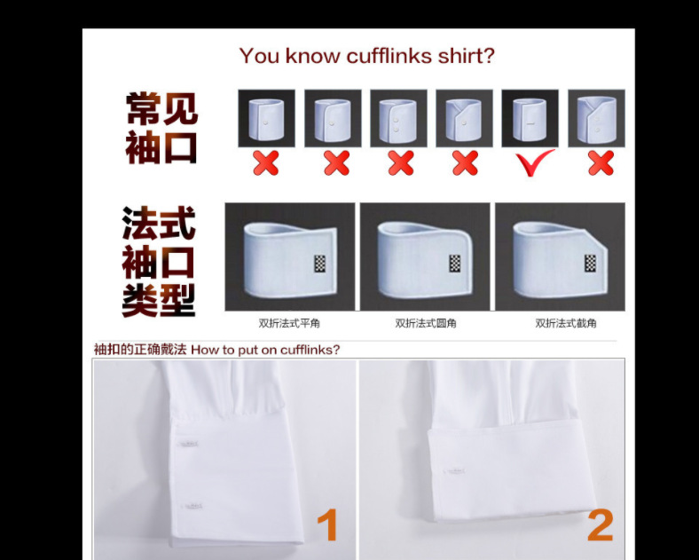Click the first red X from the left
pos(265,162)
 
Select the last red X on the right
pos(601,162)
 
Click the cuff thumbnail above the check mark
pos(530,118)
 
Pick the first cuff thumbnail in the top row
pos(266,118)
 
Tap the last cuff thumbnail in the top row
pos(596,118)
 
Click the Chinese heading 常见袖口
pos(161,128)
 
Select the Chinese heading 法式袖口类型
pos(159,262)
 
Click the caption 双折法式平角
pos(289,324)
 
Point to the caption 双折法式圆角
pos(426,324)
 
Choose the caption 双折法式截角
pos(565,324)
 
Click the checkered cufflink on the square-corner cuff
pos(320,264)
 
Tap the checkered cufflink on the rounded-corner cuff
pos(455,264)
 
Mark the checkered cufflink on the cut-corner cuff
pos(590,264)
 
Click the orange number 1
pos(327,525)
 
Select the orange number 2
pos(600,525)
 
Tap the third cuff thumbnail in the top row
pos(398,118)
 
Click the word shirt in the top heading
pos(465,56)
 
